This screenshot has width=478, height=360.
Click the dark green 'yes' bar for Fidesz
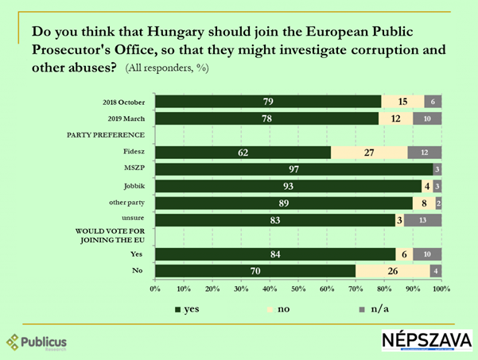pyautogui.click(x=243, y=152)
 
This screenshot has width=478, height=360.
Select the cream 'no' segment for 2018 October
pyautogui.click(x=402, y=101)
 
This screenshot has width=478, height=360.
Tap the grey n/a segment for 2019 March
pyautogui.click(x=427, y=118)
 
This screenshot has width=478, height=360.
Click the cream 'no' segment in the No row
pyautogui.click(x=392, y=270)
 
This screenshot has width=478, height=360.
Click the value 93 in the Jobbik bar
pyautogui.click(x=288, y=186)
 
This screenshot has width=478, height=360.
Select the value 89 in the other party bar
pyautogui.click(x=282, y=203)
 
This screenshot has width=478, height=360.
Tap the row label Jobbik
pyautogui.click(x=134, y=186)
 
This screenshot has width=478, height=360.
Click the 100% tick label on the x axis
pyautogui.click(x=441, y=288)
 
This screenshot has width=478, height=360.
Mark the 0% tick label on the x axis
pyautogui.click(x=156, y=288)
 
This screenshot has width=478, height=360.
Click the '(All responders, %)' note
pyautogui.click(x=168, y=68)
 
